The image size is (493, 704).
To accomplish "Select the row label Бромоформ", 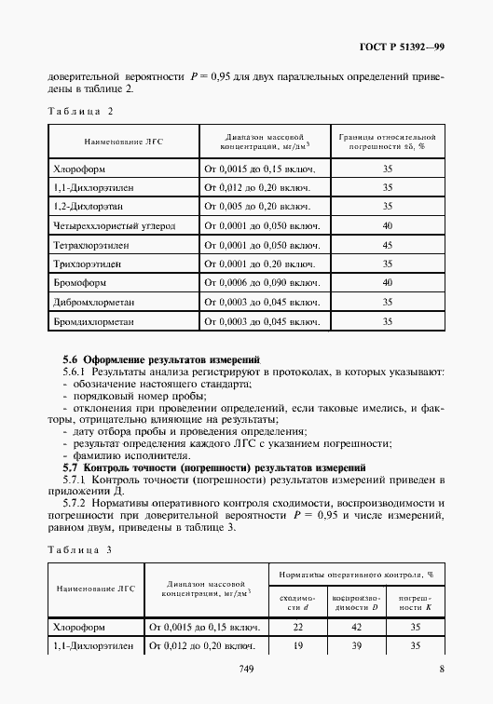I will pyautogui.click(x=81, y=282).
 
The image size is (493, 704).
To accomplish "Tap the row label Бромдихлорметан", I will pyautogui.click(x=96, y=320).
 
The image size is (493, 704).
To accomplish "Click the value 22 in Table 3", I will pyautogui.click(x=298, y=629).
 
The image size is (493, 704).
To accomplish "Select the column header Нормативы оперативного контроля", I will pyautogui.click(x=353, y=577).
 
